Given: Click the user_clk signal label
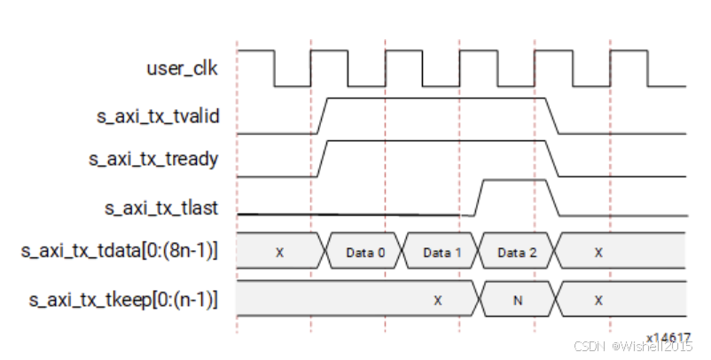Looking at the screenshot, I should pyautogui.click(x=181, y=67).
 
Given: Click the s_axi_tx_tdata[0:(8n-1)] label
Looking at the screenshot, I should pyautogui.click(x=120, y=252).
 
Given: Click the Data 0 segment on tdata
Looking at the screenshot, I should pyautogui.click(x=365, y=253).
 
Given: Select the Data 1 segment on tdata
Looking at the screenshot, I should pyautogui.click(x=441, y=253).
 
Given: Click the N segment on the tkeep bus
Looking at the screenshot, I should pyautogui.click(x=517, y=301).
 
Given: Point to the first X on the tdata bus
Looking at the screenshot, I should pyautogui.click(x=279, y=253).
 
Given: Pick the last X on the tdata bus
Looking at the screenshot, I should pyautogui.click(x=598, y=253).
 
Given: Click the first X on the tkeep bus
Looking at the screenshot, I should pyautogui.click(x=437, y=301).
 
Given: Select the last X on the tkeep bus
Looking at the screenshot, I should pyautogui.click(x=598, y=301).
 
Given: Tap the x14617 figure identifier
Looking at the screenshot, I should pyautogui.click(x=668, y=338).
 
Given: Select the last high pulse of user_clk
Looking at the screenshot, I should pyautogui.click(x=629, y=51).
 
